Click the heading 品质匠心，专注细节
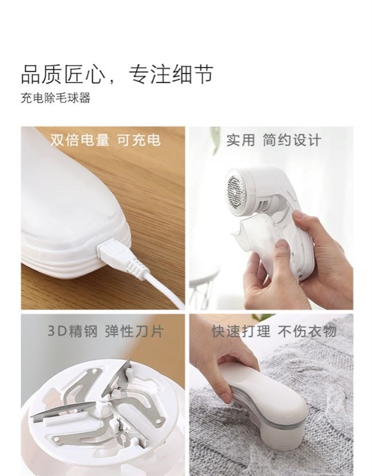(117, 74)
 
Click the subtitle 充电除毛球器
(56, 98)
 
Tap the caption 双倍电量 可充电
(105, 140)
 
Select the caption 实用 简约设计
(274, 140)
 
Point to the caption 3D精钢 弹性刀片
(106, 331)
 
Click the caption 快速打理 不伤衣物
(274, 331)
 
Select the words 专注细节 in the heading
(171, 74)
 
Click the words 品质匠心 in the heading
(63, 74)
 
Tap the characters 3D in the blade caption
(57, 331)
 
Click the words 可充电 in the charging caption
(139, 140)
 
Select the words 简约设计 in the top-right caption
(292, 140)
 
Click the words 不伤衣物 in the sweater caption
(307, 331)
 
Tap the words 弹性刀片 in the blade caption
(134, 331)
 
